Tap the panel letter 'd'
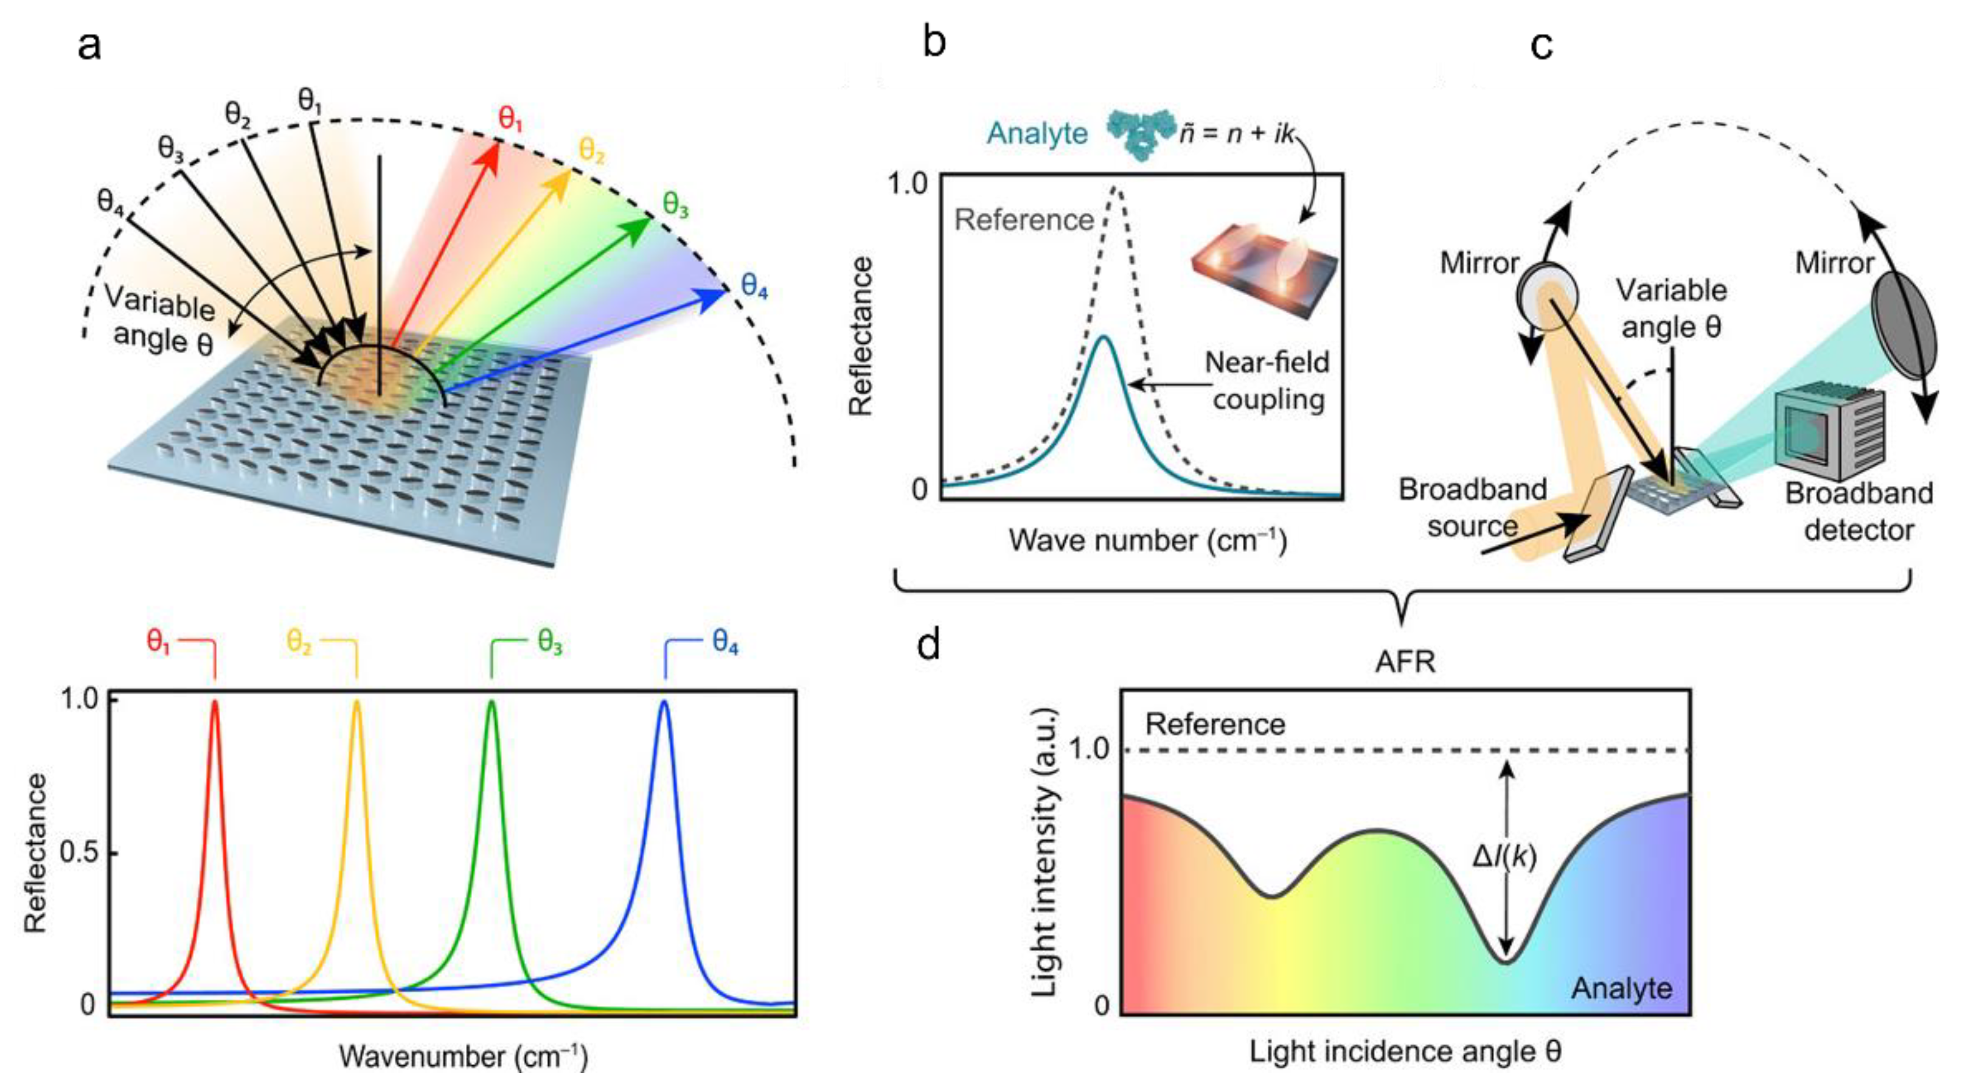(929, 645)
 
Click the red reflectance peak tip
(215, 701)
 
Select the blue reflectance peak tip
(664, 701)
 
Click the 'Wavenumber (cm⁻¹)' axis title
(464, 1057)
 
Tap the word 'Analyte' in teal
(1037, 134)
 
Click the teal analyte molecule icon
(1140, 134)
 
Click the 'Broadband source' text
(1473, 507)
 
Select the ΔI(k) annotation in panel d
(1504, 857)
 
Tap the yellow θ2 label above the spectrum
(299, 642)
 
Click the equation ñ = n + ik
(1236, 134)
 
